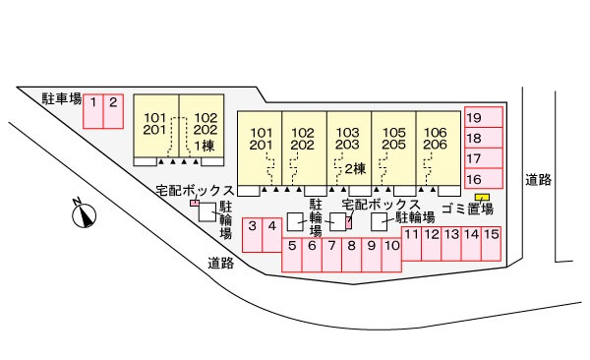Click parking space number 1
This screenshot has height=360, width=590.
[93, 111]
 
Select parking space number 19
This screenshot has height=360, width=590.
[484, 117]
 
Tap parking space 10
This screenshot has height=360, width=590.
[391, 255]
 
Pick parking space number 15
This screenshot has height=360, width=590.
[491, 244]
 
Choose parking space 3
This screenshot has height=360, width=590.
[252, 235]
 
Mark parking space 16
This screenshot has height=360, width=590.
[484, 178]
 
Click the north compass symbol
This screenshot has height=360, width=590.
[84, 213]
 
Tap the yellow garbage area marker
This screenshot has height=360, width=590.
[482, 198]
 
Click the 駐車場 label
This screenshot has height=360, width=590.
[62, 99]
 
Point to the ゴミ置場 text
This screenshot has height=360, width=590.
[468, 209]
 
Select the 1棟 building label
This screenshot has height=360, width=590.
[205, 147]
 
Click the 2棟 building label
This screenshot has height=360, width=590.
[355, 169]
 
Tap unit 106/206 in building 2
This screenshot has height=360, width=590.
[439, 149]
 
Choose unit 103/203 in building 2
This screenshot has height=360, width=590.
[349, 149]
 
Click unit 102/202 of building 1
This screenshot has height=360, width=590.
[202, 126]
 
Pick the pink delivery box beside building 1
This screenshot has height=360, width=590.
[194, 203]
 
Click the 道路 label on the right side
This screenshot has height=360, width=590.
[539, 180]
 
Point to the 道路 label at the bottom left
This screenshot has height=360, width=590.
[221, 263]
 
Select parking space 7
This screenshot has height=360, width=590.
[331, 255]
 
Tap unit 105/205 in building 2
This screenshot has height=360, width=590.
[393, 149]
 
